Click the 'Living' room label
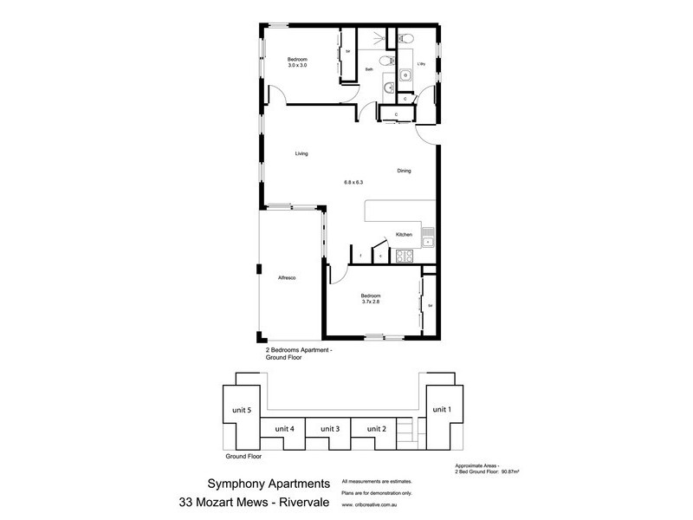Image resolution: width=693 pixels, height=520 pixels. (301, 154)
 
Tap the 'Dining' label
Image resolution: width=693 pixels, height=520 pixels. (405, 171)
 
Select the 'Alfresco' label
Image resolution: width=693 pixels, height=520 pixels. (288, 277)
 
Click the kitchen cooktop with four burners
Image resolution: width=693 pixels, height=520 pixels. (405, 256)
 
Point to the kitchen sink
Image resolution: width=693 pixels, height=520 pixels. (427, 235)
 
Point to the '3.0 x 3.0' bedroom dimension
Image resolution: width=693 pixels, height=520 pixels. (299, 66)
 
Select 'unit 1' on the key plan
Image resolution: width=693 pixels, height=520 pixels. (441, 409)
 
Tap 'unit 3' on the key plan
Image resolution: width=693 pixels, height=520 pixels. (330, 429)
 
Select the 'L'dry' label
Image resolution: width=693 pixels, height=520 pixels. (421, 65)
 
